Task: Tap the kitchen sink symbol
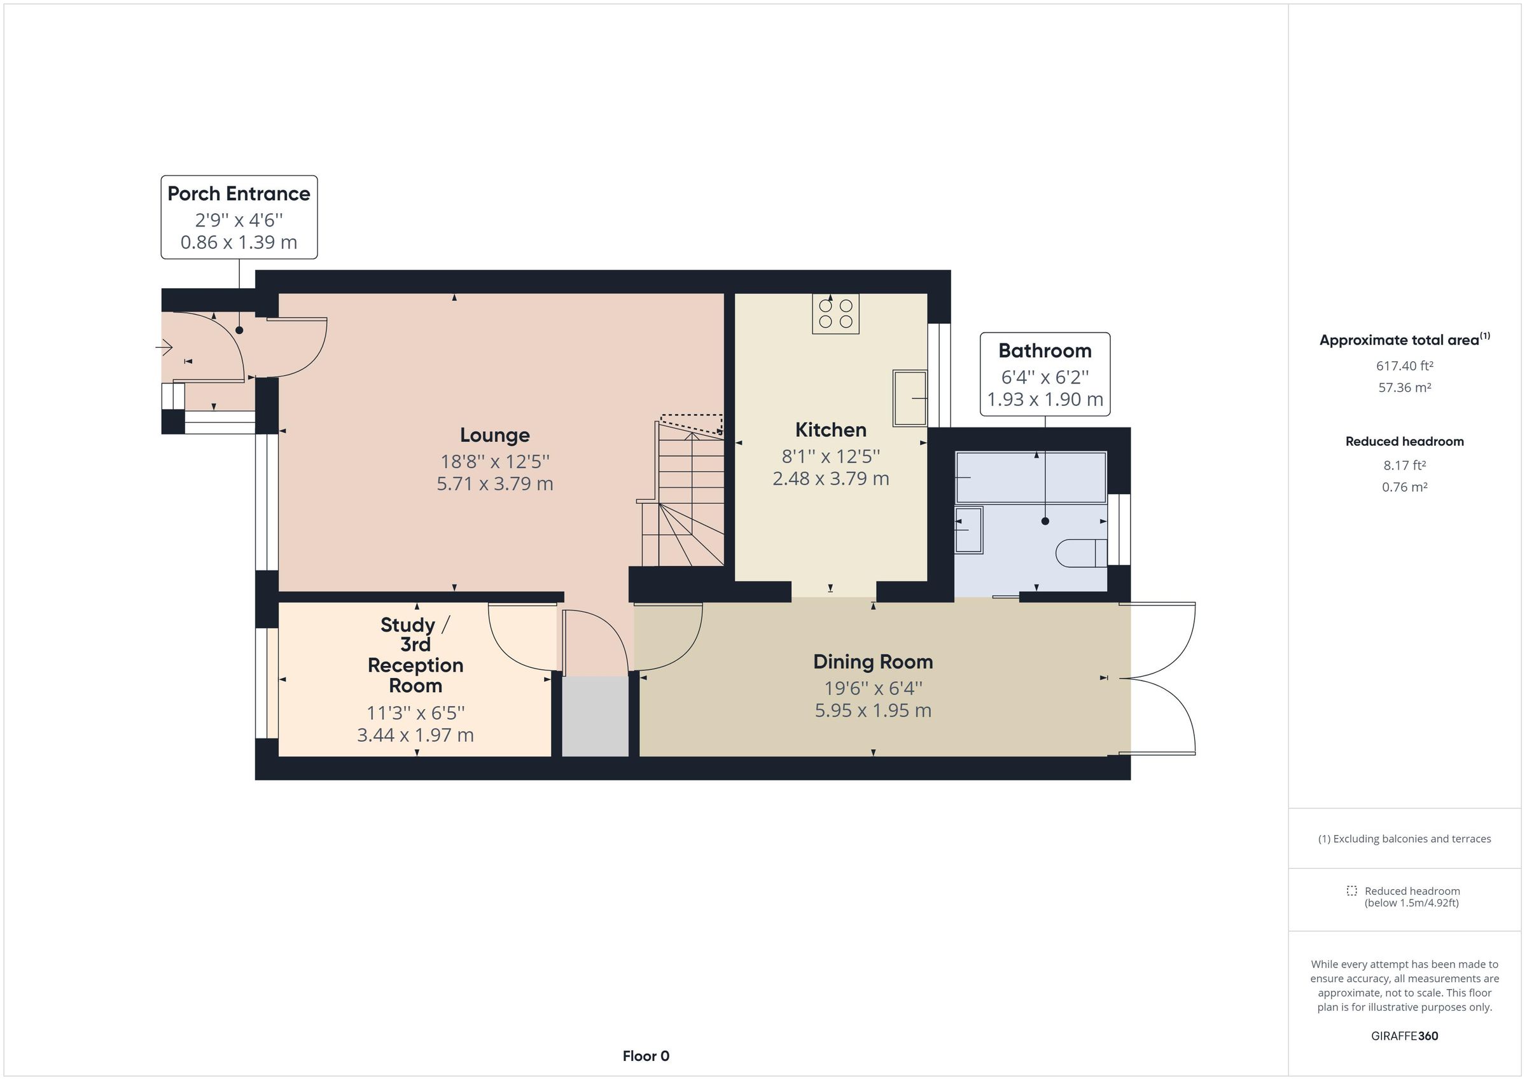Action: tap(909, 398)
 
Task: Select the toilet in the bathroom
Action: tap(1081, 553)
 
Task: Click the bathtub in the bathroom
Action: tap(1030, 478)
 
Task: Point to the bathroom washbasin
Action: tap(968, 530)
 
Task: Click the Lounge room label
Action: tap(495, 435)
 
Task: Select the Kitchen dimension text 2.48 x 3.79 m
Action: tap(831, 478)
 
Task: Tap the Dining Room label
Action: tap(872, 661)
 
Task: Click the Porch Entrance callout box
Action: tap(239, 218)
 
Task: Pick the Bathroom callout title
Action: tap(1044, 350)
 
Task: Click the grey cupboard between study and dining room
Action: tap(596, 716)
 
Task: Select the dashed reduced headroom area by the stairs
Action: tap(692, 424)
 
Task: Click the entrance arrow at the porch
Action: tap(164, 347)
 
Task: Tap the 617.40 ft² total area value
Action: tap(1404, 366)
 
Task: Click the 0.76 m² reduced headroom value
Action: tap(1404, 487)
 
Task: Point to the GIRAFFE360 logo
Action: tap(1404, 1035)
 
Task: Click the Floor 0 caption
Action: tap(645, 1055)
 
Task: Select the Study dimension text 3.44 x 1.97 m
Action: tap(415, 735)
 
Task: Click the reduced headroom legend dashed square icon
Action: tap(1351, 890)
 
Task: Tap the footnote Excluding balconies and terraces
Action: tap(1404, 838)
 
